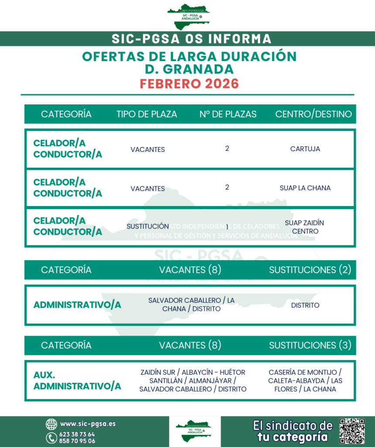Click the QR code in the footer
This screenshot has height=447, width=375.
point(352,431)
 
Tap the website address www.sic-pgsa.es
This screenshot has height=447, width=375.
point(88,424)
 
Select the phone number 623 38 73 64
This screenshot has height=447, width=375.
point(77,434)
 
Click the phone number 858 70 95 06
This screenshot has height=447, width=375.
point(77,441)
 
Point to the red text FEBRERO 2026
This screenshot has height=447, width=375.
point(189,83)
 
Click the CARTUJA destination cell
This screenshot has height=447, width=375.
point(305,149)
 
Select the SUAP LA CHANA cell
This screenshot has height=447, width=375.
point(305,188)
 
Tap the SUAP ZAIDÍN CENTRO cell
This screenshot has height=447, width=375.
point(304,227)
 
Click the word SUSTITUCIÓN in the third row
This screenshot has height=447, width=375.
point(147,226)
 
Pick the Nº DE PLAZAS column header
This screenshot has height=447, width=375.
point(228,114)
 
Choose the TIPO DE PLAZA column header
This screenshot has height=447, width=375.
point(147,114)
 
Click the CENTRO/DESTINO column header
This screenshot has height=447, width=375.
point(313,114)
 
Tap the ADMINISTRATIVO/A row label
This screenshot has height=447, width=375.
point(77,305)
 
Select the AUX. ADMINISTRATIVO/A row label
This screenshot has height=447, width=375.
point(77,381)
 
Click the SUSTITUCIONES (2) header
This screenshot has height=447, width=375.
point(310,270)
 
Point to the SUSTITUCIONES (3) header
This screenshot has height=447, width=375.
point(310,345)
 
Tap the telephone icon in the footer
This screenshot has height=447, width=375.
point(51,437)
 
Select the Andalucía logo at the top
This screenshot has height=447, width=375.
point(188,17)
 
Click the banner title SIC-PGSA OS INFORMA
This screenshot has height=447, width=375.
point(191,39)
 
